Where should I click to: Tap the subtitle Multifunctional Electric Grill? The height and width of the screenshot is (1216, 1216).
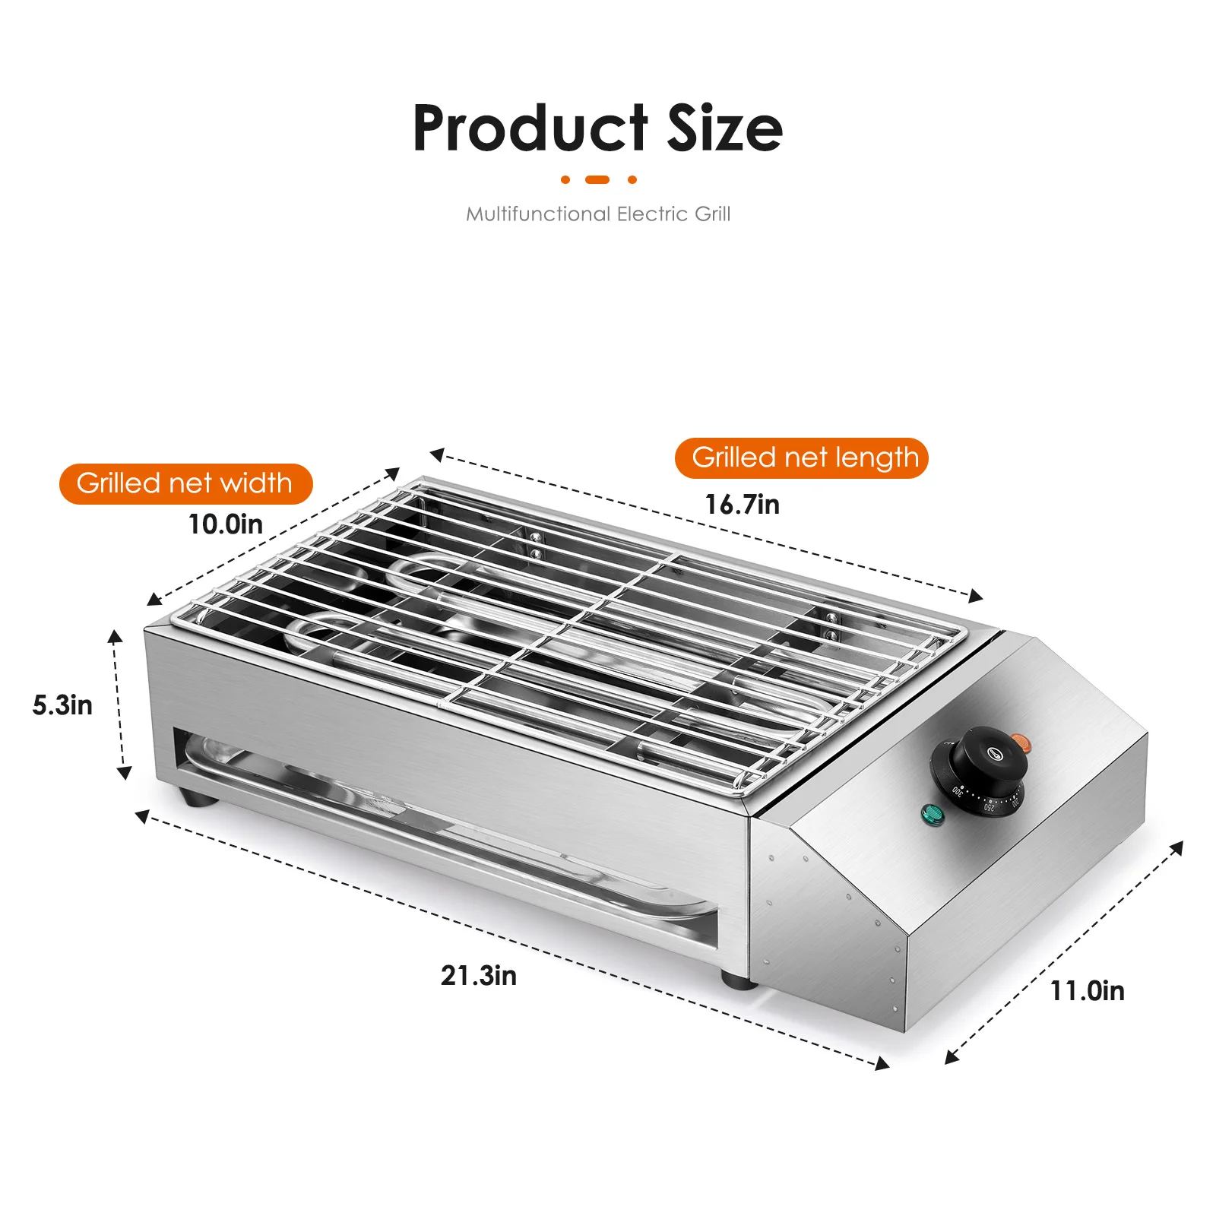tap(598, 214)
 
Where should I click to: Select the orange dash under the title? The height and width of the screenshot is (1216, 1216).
tap(598, 180)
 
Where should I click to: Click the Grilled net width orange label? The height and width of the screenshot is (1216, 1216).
tap(185, 483)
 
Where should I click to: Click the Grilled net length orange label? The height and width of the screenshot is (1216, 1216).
tap(802, 458)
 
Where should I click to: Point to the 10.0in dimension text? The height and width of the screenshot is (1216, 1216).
tap(226, 524)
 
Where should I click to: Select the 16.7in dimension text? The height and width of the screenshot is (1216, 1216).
tap(742, 505)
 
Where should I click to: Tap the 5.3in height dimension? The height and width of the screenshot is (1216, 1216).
tap(62, 705)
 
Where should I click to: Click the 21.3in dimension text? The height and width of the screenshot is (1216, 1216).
tap(479, 976)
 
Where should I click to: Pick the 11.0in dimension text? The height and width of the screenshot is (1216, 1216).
tap(1087, 991)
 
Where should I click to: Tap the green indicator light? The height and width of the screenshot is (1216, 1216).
tap(932, 815)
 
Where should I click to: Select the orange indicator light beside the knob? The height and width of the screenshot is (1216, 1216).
tap(1021, 740)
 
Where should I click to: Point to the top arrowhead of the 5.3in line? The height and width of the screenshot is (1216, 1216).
tap(115, 636)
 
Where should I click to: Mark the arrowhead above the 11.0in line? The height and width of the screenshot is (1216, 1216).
tap(1177, 847)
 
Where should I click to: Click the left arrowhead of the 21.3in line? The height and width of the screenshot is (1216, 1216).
tap(142, 816)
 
